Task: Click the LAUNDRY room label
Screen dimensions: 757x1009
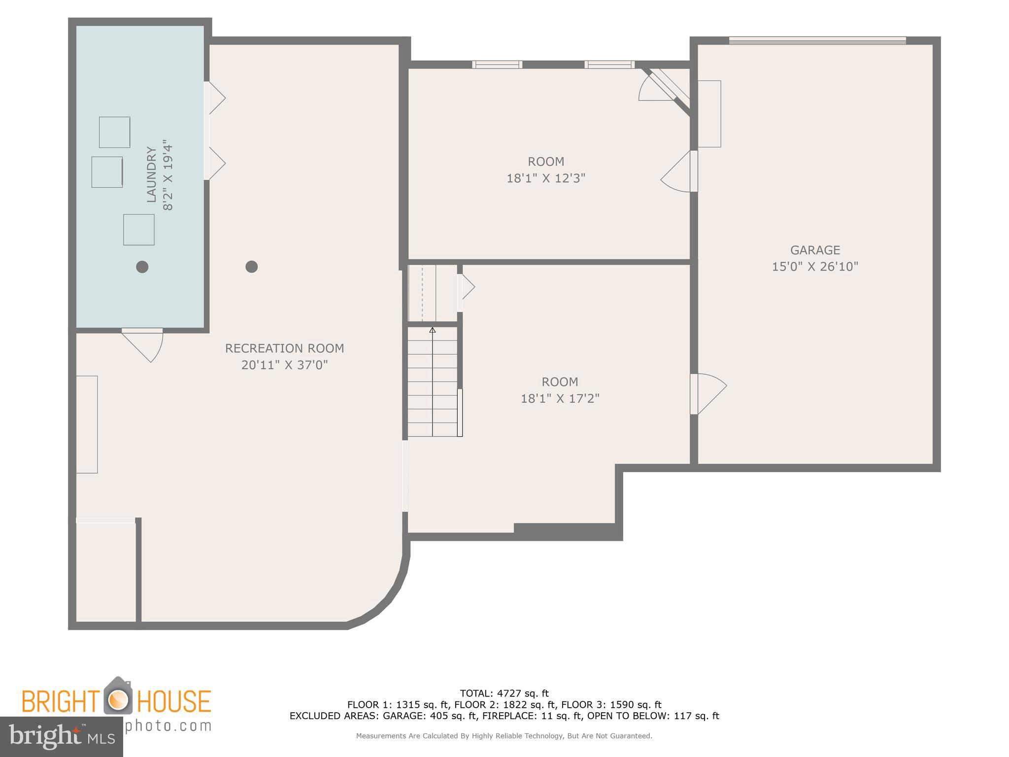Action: click(151, 175)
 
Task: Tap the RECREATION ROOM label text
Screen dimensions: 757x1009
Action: click(284, 348)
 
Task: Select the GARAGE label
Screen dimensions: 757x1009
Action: click(815, 250)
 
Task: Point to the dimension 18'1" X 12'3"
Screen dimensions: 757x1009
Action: click(545, 178)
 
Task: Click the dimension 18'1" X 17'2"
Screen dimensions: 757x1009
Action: click(560, 399)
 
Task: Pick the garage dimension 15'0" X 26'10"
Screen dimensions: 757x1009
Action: click(815, 267)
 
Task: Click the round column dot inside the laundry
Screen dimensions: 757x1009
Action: click(142, 267)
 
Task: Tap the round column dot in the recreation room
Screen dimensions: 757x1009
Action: click(252, 267)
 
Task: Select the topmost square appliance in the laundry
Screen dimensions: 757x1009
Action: click(114, 132)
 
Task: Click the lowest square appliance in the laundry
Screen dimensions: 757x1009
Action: click(138, 230)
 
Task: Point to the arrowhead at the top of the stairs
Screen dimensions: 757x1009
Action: click(433, 330)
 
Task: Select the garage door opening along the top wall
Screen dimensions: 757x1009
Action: click(817, 41)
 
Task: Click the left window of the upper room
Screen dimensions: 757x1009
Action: click(497, 65)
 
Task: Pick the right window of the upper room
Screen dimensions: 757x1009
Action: click(609, 65)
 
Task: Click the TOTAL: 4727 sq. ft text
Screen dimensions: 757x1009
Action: click(504, 694)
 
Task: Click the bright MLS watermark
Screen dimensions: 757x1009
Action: click(61, 736)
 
